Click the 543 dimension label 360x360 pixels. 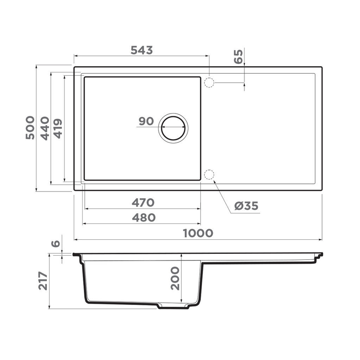[x=141, y=50]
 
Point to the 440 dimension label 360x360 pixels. [x=45, y=128]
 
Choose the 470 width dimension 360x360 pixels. [x=143, y=203]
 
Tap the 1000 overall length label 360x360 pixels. [x=198, y=233]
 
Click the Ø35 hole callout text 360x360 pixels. [x=246, y=206]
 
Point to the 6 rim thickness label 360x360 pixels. [x=55, y=244]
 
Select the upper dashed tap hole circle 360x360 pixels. [x=209, y=82]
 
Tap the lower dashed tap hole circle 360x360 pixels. [x=209, y=175]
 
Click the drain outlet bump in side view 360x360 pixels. [x=173, y=306]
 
